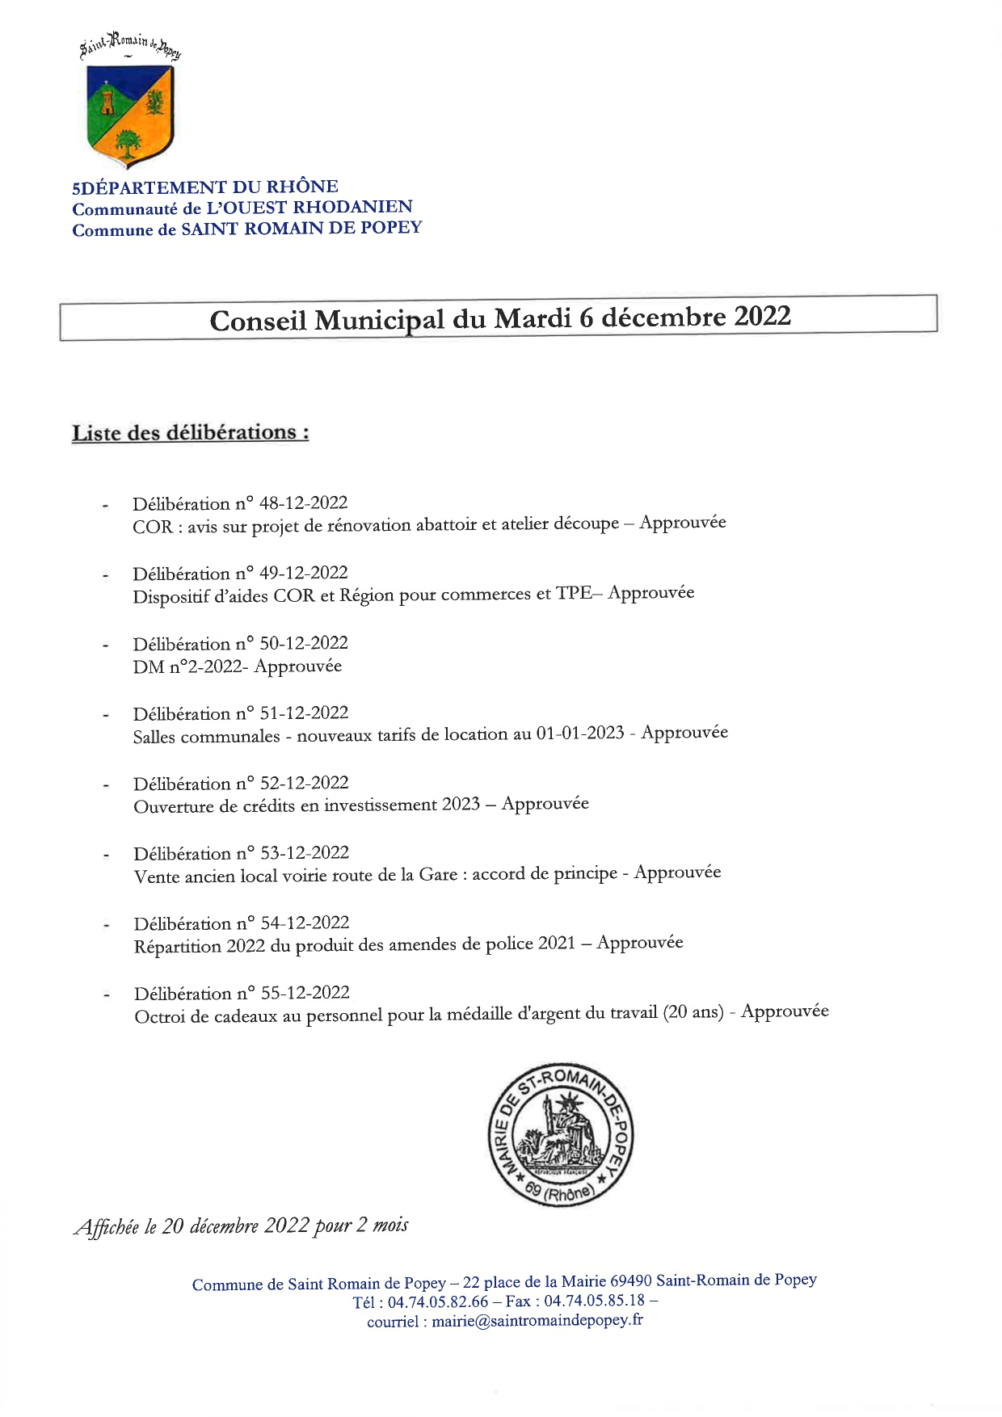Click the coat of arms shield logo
pos(130,115)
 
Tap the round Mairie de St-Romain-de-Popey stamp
pos(561,1134)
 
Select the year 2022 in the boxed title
pos(762,316)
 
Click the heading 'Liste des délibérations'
pos(190,433)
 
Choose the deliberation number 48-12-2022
pos(303,503)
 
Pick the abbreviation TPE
pos(574,594)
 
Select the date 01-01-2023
pos(579,734)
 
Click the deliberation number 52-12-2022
pos(304,783)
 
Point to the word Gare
pos(438,875)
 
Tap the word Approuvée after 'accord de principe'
pos(677,872)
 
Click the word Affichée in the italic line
pos(107,1227)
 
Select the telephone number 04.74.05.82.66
pos(438,1302)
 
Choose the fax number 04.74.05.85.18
pos(594,1301)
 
